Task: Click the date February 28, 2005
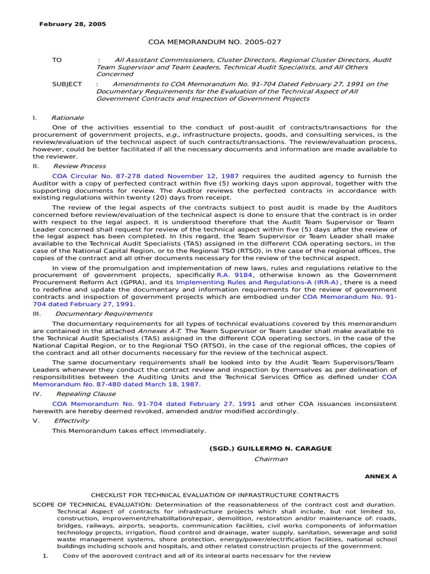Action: tap(72, 25)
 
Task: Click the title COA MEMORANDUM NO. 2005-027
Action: tap(214, 42)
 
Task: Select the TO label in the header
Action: tap(57, 60)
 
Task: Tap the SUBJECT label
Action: tap(67, 84)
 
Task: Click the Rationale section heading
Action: tap(67, 118)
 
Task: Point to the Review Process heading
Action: tap(79, 166)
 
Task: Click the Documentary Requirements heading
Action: tap(104, 314)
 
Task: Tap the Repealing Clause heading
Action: tap(86, 394)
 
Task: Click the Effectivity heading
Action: tap(71, 420)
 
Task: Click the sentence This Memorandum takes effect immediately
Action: tap(129, 430)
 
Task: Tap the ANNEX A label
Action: tap(381, 476)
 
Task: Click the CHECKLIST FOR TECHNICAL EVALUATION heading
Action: tap(215, 495)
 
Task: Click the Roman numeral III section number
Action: tap(37, 314)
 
